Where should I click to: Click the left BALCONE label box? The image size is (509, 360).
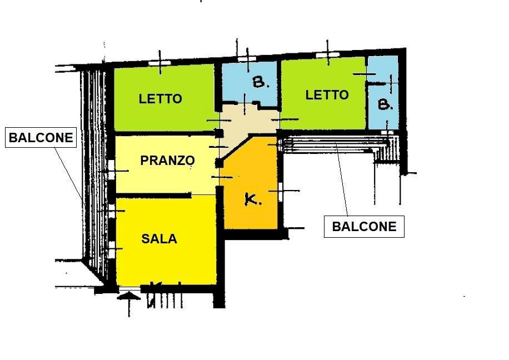tap(41, 138)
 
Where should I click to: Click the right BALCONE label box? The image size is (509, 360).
tap(364, 227)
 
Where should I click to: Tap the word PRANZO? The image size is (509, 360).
tap(167, 161)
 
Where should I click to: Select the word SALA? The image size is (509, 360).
tap(159, 239)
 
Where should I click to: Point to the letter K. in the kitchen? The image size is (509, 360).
tap(253, 200)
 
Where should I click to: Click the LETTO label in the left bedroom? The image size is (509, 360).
tap(160, 99)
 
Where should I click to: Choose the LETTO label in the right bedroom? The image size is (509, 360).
tap(327, 95)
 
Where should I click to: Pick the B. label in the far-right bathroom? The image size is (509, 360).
tap(385, 104)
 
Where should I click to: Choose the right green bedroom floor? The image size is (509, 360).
tap(322, 114)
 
